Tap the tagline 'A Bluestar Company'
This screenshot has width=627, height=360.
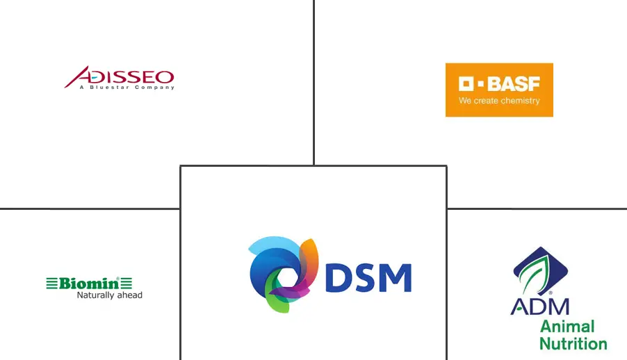pyautogui.click(x=127, y=87)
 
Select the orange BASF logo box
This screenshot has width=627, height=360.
pyautogui.click(x=499, y=90)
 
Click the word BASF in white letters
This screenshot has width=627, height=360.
pyautogui.click(x=514, y=83)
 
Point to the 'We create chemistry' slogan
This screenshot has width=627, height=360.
pyautogui.click(x=499, y=101)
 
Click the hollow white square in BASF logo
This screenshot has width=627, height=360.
pyautogui.click(x=466, y=83)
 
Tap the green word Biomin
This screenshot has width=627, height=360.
pyautogui.click(x=89, y=283)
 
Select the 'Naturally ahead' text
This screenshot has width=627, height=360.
pyautogui.click(x=110, y=295)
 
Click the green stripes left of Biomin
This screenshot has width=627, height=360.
pyautogui.click(x=52, y=283)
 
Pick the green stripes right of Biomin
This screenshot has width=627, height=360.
pyautogui.click(x=126, y=283)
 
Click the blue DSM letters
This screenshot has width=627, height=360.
pyautogui.click(x=368, y=277)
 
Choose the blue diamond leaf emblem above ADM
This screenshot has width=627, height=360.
pyautogui.click(x=540, y=271)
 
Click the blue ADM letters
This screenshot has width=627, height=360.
pyautogui.click(x=540, y=306)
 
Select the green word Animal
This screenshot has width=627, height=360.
pyautogui.click(x=567, y=327)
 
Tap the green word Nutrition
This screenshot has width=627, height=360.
pyautogui.click(x=573, y=343)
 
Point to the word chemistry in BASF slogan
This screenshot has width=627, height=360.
pyautogui.click(x=520, y=101)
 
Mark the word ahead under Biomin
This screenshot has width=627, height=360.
pyautogui.click(x=129, y=295)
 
